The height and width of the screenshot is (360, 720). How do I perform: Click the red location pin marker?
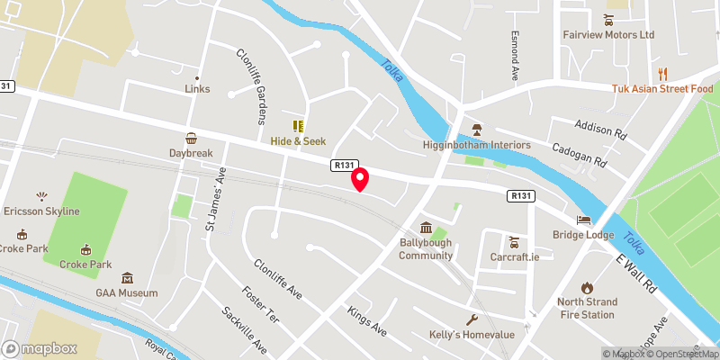click(x=360, y=179)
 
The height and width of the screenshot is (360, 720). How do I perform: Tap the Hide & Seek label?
click(x=298, y=141)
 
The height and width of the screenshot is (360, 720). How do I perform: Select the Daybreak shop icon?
click(x=191, y=139)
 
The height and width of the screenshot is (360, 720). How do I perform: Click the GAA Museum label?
click(x=127, y=292)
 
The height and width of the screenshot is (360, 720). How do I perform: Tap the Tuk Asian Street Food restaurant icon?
click(x=662, y=74)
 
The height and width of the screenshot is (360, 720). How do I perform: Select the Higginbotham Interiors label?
click(x=477, y=145)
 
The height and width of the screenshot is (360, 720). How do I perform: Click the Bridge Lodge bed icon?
click(x=585, y=220)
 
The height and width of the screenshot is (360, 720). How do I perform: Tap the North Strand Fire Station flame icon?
click(x=588, y=287)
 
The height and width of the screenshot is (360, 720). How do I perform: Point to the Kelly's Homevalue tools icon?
click(x=471, y=319)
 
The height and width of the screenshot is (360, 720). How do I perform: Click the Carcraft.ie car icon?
click(x=513, y=241)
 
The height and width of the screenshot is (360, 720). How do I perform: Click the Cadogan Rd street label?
click(x=579, y=154)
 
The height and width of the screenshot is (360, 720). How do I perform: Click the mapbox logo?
click(x=39, y=347)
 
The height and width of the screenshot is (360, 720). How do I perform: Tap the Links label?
click(x=197, y=88)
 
